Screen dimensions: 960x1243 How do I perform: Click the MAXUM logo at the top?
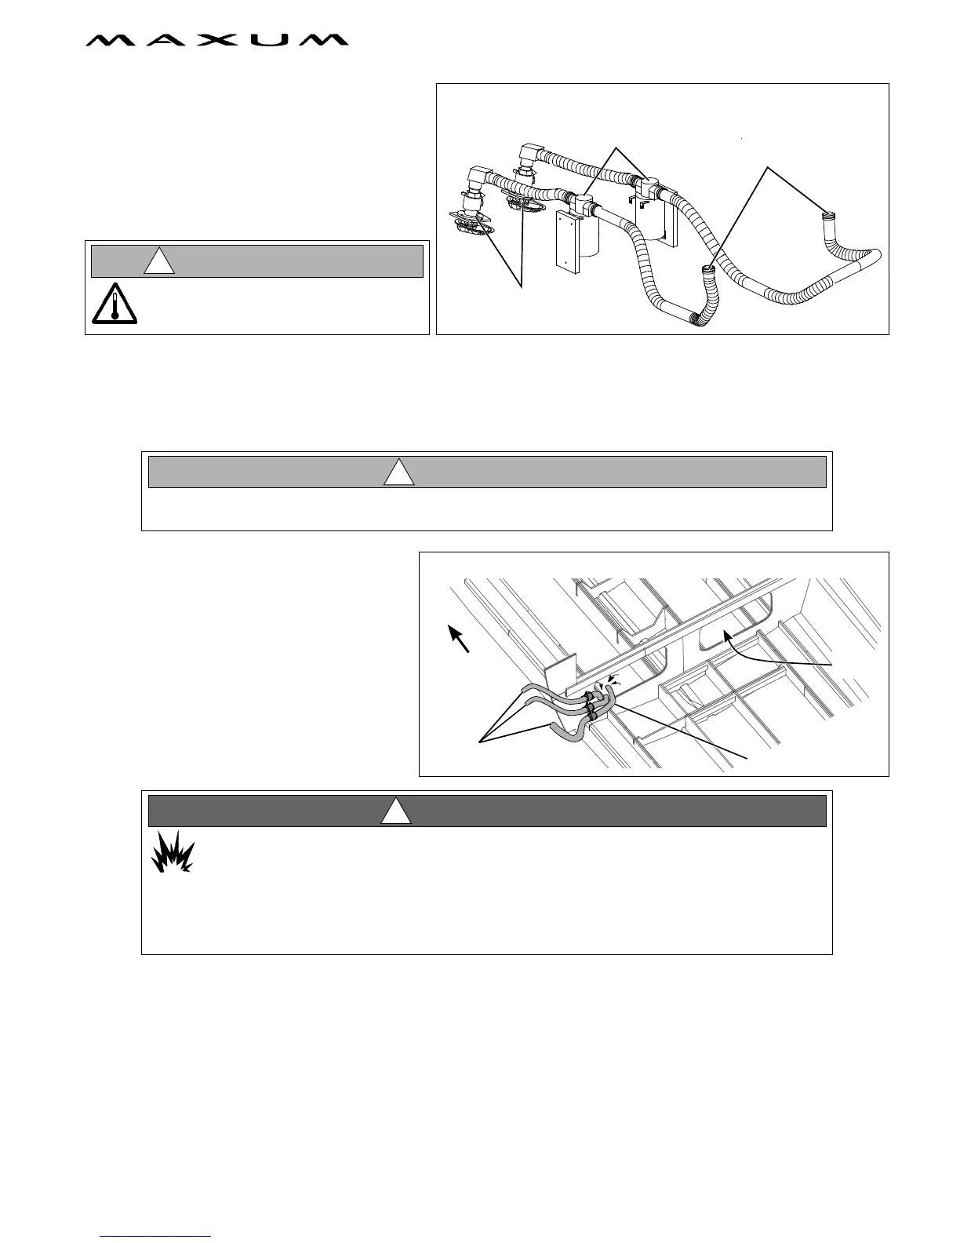[216, 40]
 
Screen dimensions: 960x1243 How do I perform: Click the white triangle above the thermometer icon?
[159, 261]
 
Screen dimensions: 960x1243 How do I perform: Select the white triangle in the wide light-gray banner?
[398, 472]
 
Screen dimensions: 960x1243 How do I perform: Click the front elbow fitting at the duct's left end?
[480, 177]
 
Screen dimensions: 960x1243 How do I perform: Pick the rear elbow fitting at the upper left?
[531, 154]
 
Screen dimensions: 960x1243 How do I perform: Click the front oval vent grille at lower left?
[471, 224]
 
